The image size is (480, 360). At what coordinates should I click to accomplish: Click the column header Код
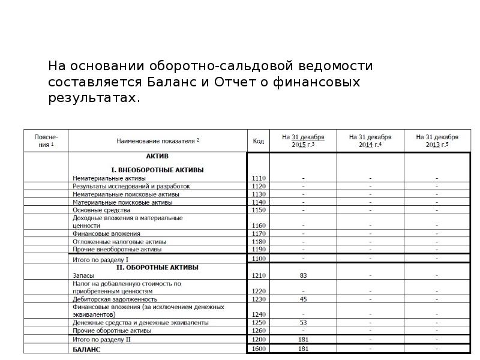click(258, 141)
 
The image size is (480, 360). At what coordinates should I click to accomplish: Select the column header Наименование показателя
click(158, 141)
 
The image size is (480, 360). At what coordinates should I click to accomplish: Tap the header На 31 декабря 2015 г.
click(303, 141)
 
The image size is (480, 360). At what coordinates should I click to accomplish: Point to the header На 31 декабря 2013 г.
click(437, 141)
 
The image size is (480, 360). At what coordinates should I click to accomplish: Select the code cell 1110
click(259, 178)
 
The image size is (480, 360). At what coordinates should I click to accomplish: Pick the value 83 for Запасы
click(303, 275)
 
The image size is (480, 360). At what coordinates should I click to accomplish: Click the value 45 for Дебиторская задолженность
click(303, 299)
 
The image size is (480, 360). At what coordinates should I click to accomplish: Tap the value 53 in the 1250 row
click(303, 323)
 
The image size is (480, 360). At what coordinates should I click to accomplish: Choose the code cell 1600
click(259, 349)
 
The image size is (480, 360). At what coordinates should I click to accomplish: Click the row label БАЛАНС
click(86, 349)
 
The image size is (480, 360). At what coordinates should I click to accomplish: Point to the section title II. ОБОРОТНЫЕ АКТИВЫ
click(157, 268)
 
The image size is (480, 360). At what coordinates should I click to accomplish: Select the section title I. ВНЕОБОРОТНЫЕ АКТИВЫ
click(158, 170)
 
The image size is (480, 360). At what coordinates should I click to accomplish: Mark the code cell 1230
click(259, 299)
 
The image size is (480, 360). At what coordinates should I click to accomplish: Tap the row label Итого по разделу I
click(100, 259)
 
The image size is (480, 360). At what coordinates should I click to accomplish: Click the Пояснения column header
click(46, 141)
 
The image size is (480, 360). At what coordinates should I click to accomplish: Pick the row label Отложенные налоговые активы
click(119, 241)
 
